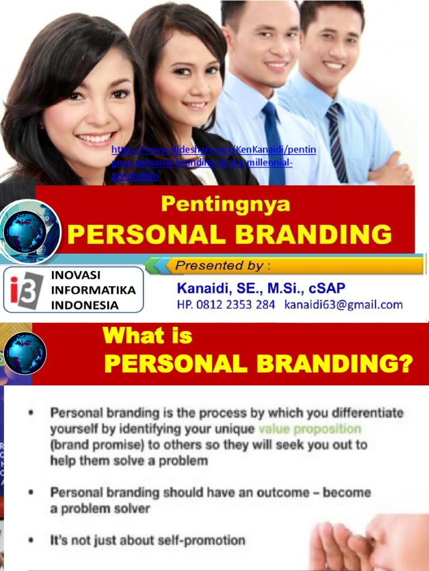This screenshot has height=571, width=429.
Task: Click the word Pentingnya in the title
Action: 226,205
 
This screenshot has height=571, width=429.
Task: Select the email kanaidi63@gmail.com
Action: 343,304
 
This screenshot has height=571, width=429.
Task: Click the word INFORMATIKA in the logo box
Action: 93,290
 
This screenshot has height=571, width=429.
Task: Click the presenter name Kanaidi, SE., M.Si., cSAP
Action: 261,288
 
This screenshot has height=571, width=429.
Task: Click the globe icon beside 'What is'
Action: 25,352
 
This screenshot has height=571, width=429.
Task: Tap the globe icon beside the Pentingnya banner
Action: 25,231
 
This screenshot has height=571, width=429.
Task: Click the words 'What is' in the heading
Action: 147,336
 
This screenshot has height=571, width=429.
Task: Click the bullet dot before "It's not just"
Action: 31,540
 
